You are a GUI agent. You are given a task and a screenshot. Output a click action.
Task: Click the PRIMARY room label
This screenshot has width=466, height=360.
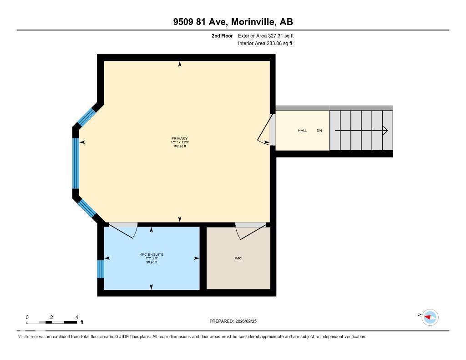(179, 138)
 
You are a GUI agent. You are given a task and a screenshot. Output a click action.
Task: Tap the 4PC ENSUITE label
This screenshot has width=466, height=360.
(152, 254)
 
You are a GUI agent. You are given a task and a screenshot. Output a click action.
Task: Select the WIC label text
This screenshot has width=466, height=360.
(238, 258)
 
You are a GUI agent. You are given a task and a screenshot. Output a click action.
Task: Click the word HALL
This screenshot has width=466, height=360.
(302, 131)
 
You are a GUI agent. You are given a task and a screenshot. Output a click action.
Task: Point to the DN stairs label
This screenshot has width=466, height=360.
(319, 131)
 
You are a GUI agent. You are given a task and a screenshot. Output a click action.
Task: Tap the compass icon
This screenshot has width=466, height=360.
(430, 317)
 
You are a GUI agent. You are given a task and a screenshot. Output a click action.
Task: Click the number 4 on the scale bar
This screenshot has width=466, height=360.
(76, 317)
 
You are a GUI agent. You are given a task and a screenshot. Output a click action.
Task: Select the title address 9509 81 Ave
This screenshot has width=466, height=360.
(202, 22)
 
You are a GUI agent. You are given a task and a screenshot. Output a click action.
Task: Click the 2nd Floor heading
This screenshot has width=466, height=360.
(222, 35)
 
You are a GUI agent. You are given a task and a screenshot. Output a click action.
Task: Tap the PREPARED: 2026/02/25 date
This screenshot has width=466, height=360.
(236, 321)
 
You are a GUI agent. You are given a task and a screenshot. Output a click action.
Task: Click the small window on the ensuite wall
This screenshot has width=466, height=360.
(101, 269)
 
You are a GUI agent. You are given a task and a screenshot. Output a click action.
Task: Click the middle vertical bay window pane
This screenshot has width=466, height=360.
(76, 163)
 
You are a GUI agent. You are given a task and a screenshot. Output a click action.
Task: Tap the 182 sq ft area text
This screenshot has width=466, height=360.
(179, 146)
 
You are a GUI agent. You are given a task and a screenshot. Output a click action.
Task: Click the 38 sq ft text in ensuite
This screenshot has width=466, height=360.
(152, 262)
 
